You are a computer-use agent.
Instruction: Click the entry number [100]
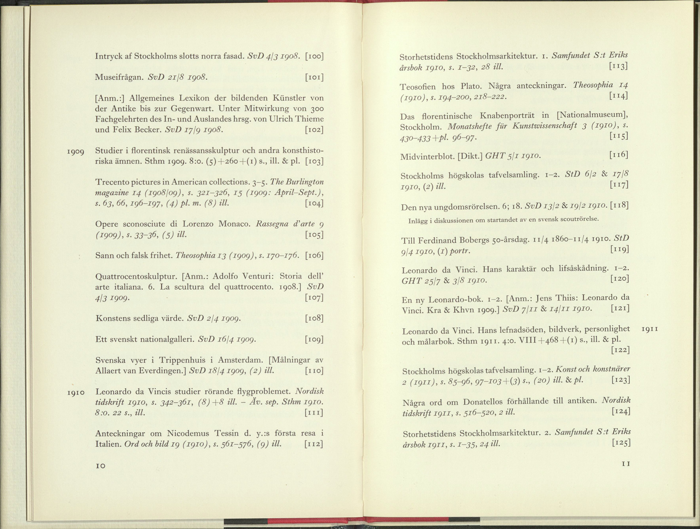coord(314,56)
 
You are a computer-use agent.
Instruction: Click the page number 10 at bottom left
coord(100,466)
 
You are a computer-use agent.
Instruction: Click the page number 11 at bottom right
coord(626,464)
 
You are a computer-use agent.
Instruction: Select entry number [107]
coord(314,298)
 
